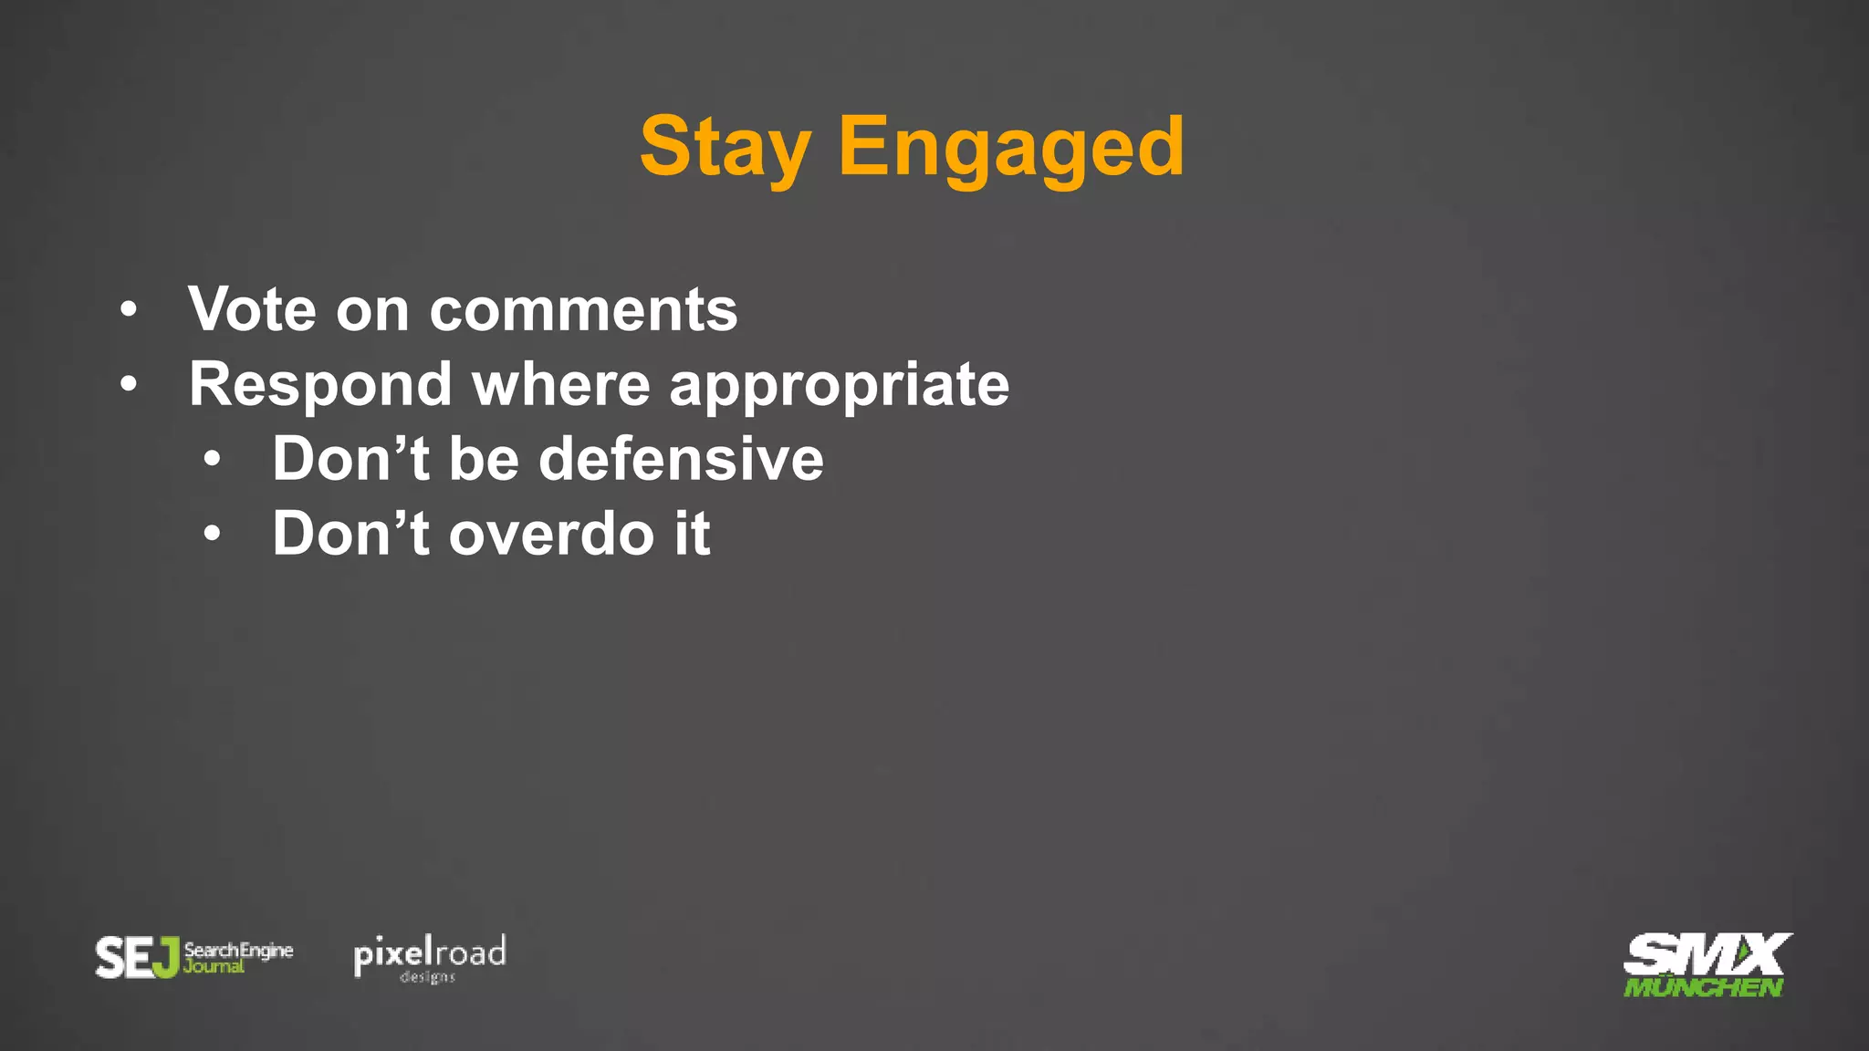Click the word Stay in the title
coord(725,148)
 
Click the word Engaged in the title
coord(1010,148)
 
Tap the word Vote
coord(252,309)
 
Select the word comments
coord(583,311)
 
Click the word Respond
coord(320,385)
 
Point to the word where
coord(560,385)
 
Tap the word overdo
coord(551,534)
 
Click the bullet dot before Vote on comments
coord(129,310)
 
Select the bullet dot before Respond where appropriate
coord(129,385)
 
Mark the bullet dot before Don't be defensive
coord(212,460)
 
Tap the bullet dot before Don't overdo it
coord(212,535)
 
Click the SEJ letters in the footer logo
coord(137,958)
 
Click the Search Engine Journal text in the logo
coord(237,957)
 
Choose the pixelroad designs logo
coord(430,957)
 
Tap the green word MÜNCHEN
coord(1702,987)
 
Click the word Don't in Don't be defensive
coord(350,459)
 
